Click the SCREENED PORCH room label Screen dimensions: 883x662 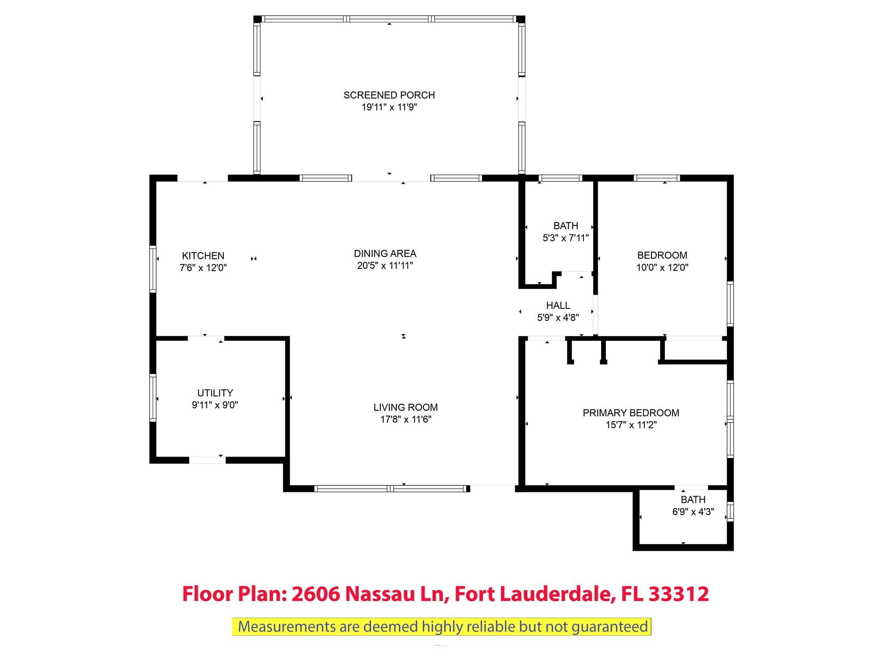(389, 95)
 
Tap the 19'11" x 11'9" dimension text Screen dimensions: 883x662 (389, 107)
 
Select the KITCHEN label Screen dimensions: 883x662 (203, 256)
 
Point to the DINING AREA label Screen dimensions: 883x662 (385, 253)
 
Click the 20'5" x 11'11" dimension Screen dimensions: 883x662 (385, 265)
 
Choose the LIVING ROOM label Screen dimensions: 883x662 (406, 407)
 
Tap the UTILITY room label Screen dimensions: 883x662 (215, 393)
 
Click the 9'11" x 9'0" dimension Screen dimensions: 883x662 (215, 405)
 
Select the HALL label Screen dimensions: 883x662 (558, 306)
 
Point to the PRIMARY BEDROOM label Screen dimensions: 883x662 (631, 413)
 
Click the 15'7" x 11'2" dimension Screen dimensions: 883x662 (631, 425)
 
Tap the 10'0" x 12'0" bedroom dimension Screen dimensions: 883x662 (662, 267)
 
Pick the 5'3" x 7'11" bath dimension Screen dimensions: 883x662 (566, 237)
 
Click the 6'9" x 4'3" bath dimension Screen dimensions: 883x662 (693, 512)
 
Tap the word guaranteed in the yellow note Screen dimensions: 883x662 (610, 627)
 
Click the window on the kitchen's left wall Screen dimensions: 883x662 (153, 269)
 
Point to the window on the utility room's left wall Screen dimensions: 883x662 (153, 397)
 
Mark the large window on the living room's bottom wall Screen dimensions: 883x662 (391, 489)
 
